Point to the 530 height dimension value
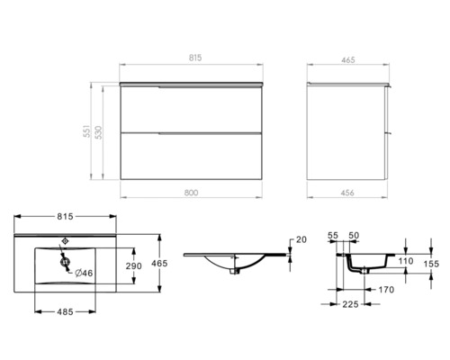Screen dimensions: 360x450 pos(103,131)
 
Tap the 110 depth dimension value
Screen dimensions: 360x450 pos(405,262)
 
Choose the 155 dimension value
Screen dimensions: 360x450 pos(433,265)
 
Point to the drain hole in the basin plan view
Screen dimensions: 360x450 pos(65,262)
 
